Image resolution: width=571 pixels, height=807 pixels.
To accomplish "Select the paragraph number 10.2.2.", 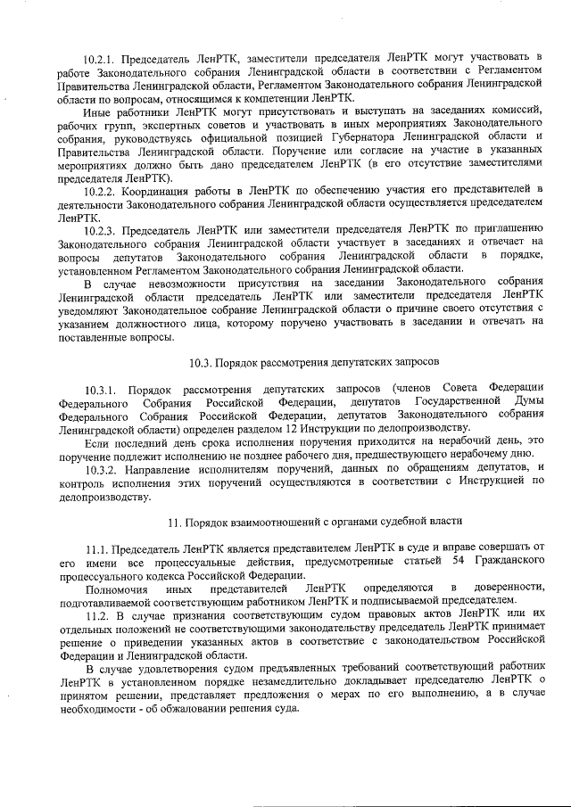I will (101, 190).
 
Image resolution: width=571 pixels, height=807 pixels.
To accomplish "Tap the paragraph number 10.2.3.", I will (101, 228).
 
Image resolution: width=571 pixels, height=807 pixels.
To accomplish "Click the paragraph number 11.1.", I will (95, 547).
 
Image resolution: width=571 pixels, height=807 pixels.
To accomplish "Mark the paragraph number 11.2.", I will (95, 617).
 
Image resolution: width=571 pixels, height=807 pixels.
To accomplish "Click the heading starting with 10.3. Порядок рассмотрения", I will (286, 364).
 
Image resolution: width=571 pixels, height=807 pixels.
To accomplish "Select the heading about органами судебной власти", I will (286, 520).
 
